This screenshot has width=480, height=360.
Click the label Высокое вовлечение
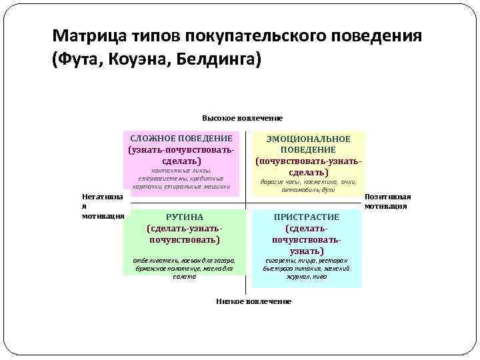click(x=242, y=118)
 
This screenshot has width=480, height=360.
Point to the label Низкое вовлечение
click(x=253, y=301)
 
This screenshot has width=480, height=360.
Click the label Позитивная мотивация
click(x=387, y=201)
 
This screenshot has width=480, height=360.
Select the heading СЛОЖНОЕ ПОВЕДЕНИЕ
click(x=181, y=138)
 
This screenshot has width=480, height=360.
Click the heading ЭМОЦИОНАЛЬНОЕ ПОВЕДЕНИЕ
click(x=308, y=144)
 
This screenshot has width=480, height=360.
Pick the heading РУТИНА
click(x=185, y=217)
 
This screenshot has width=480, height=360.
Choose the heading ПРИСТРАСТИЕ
click(x=307, y=217)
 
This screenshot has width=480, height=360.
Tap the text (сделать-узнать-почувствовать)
click(x=185, y=233)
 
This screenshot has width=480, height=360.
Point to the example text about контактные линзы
click(x=181, y=179)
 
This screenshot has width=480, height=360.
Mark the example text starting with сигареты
click(x=307, y=267)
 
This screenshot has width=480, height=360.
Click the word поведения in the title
click(x=379, y=35)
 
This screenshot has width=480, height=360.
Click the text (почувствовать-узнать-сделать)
click(x=308, y=167)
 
